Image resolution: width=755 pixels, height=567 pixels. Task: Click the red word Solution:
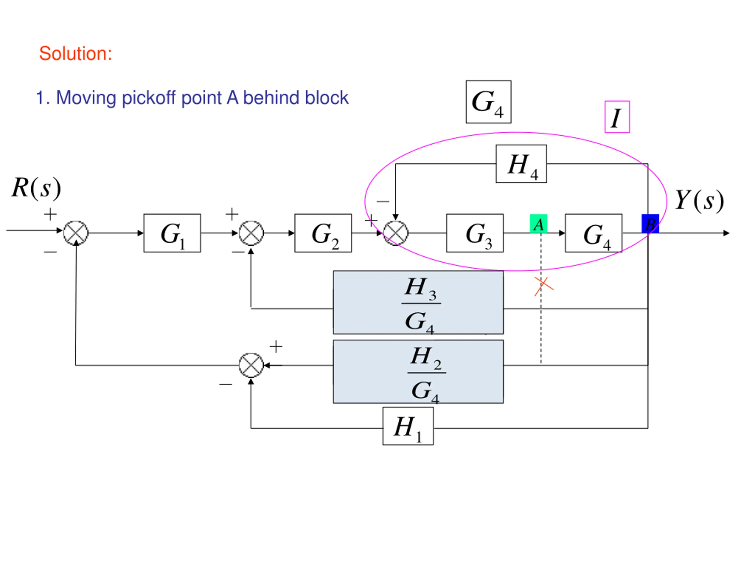(x=75, y=54)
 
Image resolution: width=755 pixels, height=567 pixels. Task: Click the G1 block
(x=172, y=233)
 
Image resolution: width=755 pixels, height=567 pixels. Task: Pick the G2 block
(x=323, y=233)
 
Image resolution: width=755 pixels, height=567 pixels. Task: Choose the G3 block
(x=475, y=233)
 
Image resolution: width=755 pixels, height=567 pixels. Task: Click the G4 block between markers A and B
(x=594, y=233)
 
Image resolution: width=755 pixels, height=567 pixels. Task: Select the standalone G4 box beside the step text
(x=488, y=102)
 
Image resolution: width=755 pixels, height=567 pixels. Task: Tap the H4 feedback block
(x=521, y=164)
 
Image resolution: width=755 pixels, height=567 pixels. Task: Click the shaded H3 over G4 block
(x=418, y=302)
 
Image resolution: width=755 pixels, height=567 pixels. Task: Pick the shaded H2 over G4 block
(x=418, y=372)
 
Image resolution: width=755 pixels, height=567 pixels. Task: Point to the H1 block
(x=408, y=426)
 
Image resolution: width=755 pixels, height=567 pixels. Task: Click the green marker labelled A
(x=538, y=224)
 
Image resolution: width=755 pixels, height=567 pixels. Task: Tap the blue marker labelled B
(x=650, y=224)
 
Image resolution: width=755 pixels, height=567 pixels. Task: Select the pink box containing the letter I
(x=617, y=117)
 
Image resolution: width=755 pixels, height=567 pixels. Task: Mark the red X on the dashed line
(x=544, y=286)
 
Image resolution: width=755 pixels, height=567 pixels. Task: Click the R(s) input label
(x=37, y=188)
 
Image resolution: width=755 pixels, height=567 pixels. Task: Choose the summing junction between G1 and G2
(x=251, y=233)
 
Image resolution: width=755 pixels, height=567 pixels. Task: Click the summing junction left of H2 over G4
(x=251, y=365)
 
